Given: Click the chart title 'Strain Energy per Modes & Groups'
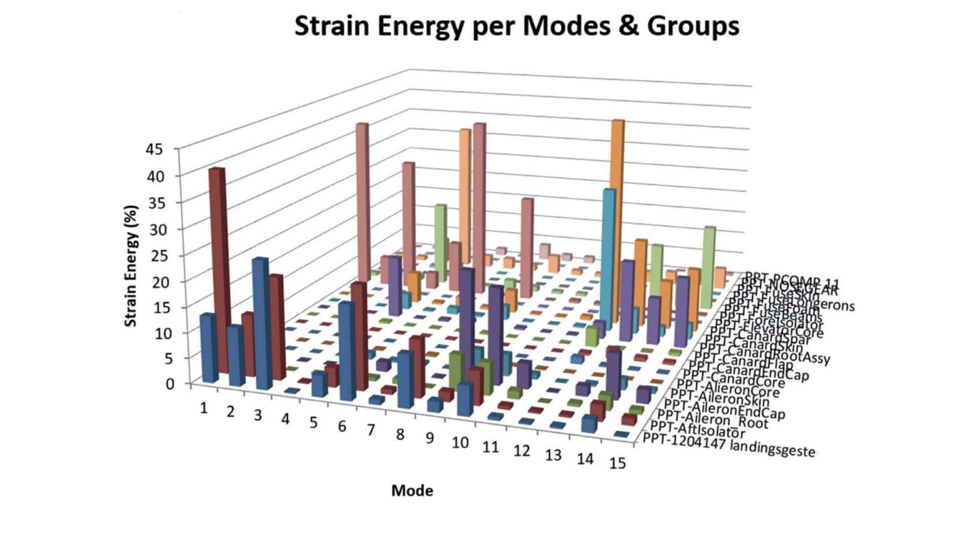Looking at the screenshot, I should (x=517, y=26).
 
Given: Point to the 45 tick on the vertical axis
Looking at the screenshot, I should (x=154, y=149).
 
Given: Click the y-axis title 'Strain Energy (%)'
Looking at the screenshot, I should (x=130, y=265).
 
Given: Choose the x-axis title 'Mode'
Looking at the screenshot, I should (x=412, y=491).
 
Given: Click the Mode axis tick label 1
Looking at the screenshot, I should (x=204, y=408).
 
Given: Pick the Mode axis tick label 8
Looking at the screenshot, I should (x=399, y=434).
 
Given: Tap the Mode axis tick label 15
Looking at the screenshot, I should (x=618, y=464).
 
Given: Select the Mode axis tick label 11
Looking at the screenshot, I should (x=490, y=447).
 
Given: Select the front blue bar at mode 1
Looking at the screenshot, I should (x=208, y=348).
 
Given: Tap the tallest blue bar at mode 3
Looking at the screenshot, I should (x=261, y=323).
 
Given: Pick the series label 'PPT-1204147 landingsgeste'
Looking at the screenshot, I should (x=729, y=445).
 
